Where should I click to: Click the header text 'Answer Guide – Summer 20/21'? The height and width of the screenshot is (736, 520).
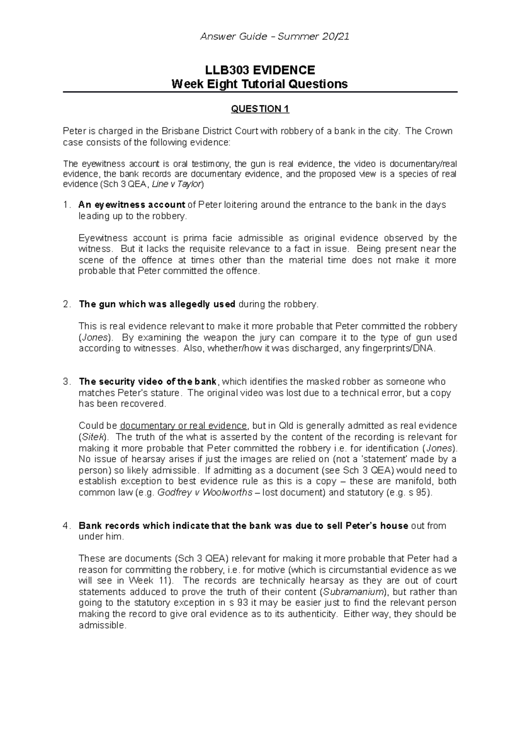pos(274,37)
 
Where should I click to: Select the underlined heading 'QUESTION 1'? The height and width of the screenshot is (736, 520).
pos(260,109)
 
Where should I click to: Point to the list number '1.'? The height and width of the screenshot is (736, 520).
pos(66,205)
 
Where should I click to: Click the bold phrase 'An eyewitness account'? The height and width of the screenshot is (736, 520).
pos(132,205)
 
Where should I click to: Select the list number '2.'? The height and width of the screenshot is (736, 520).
pos(66,304)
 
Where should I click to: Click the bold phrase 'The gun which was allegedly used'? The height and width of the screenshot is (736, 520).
pos(157,304)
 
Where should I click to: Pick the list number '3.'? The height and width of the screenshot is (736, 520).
pos(66,382)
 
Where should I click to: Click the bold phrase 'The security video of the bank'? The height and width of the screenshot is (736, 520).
pos(148,382)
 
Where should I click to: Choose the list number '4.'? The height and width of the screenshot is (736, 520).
pos(66,526)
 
